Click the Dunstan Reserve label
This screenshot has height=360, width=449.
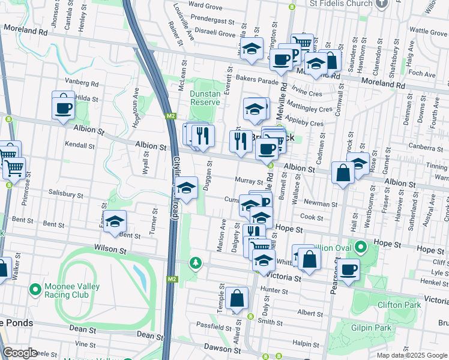(205, 98)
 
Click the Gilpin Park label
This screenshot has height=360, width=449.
(372, 328)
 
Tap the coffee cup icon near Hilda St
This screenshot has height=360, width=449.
(64, 107)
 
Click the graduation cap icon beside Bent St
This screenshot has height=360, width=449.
(115, 222)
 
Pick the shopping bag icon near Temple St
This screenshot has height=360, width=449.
(237, 298)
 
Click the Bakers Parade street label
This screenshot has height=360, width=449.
(258, 79)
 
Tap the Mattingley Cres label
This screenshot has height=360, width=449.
(310, 110)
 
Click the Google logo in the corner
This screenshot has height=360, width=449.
(20, 353)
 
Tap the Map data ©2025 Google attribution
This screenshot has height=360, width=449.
(411, 355)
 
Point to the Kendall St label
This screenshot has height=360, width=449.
(80, 145)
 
